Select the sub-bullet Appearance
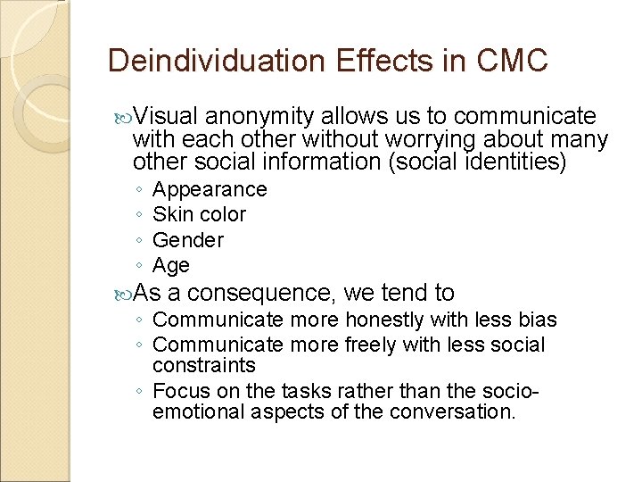point(210,189)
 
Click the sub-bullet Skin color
point(199,214)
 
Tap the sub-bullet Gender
point(188,240)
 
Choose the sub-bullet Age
point(171,265)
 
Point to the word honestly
point(386,320)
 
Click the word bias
point(538,320)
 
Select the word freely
point(373,345)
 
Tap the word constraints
point(203,365)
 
